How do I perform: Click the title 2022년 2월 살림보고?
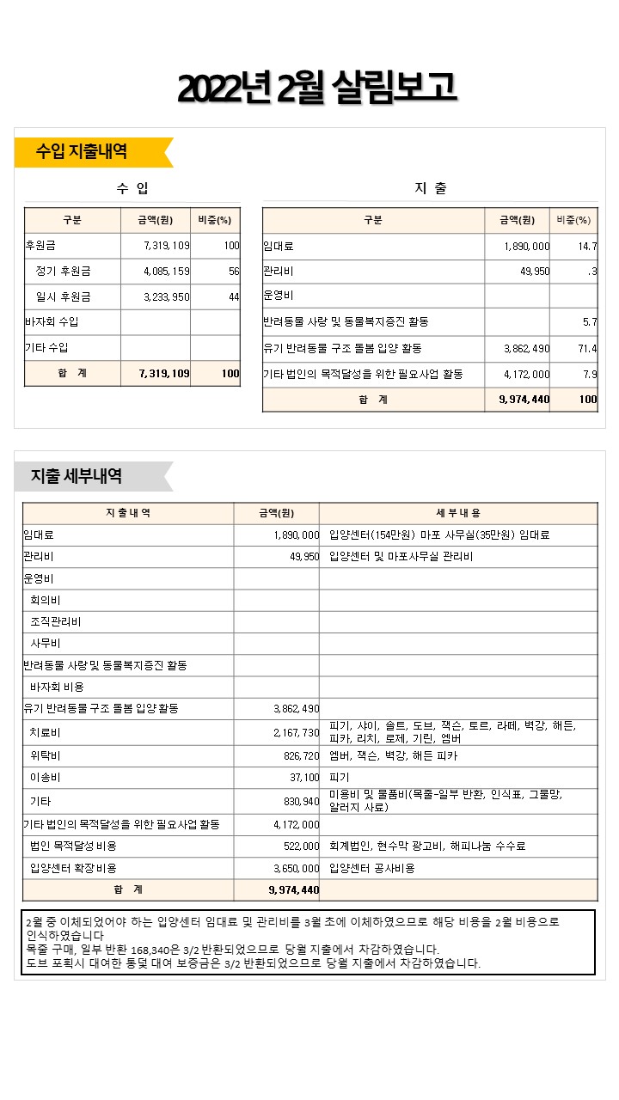(x=316, y=88)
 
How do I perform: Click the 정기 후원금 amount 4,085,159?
(x=167, y=272)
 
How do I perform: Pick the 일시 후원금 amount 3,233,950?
(x=167, y=297)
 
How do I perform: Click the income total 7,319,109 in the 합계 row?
(x=164, y=374)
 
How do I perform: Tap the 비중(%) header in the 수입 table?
(x=215, y=220)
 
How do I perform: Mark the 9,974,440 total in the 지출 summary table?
(x=524, y=400)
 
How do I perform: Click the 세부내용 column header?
(x=458, y=513)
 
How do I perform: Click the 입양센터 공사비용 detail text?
(x=372, y=869)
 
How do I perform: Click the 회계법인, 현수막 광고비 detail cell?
(x=427, y=846)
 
